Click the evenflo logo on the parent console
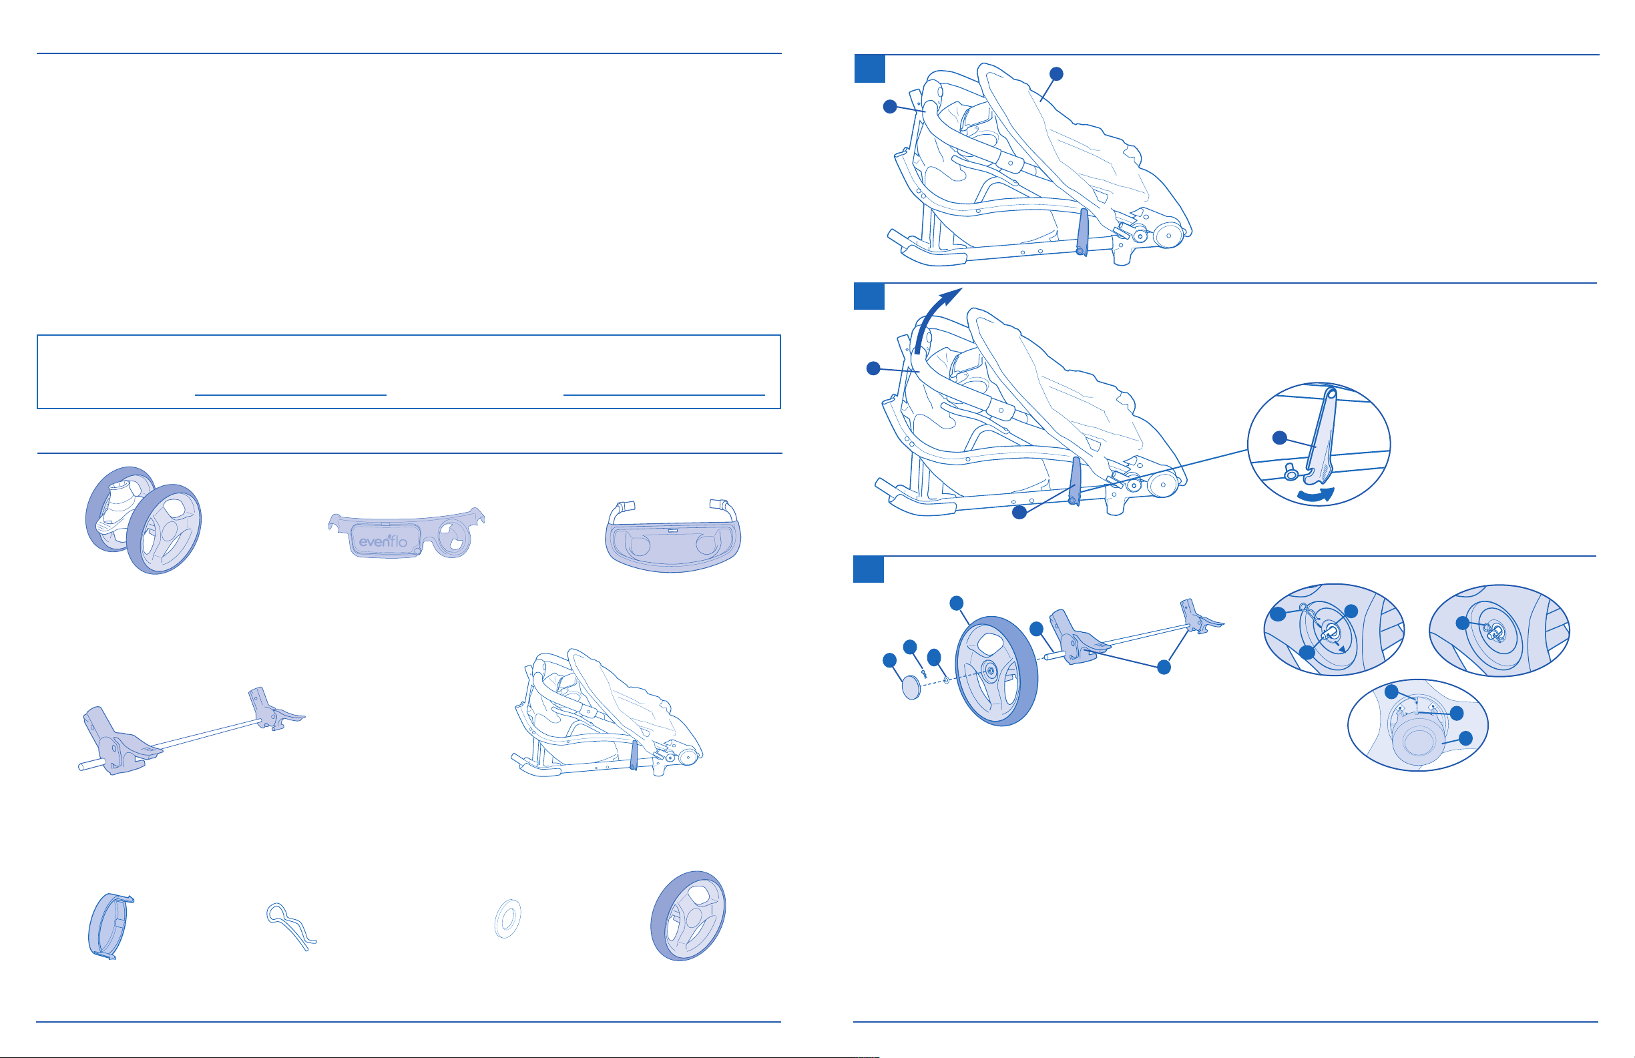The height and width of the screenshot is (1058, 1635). (x=383, y=541)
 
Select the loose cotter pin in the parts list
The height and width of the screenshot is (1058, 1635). (x=291, y=926)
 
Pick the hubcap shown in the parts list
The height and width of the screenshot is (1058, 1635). (x=110, y=925)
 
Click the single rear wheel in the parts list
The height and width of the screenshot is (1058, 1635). (x=688, y=916)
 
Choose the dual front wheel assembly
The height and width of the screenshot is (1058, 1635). (x=143, y=520)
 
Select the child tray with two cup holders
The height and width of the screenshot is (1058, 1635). (x=673, y=536)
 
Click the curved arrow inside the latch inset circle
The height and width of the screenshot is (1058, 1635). (x=1316, y=495)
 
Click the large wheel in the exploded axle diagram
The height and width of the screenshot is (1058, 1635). (x=996, y=671)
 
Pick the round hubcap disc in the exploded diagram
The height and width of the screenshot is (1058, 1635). (x=911, y=686)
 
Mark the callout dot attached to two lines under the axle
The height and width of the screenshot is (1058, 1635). (x=1164, y=667)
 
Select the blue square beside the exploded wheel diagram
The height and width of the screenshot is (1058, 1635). (x=869, y=569)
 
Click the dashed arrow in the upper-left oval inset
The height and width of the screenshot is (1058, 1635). (x=1335, y=643)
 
